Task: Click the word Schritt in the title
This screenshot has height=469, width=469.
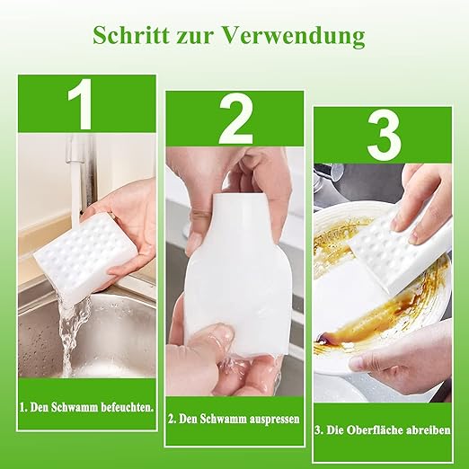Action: pos(132,36)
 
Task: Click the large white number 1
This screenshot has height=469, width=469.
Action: pos(81,104)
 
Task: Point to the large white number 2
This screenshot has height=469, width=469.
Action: pos(236,119)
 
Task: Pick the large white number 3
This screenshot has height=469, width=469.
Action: pos(384,137)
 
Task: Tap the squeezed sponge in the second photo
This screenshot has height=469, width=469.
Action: pos(238,263)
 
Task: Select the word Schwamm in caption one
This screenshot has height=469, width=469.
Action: pos(75,407)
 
